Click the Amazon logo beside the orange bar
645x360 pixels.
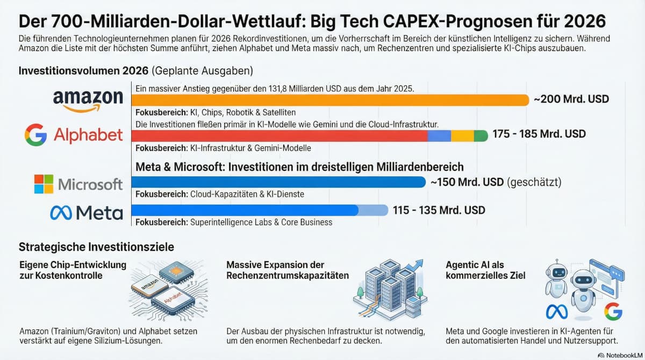88,100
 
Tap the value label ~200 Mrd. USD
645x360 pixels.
571,99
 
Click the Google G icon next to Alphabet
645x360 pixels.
36,134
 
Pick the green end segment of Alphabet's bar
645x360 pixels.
481,135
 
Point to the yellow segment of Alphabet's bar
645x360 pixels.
462,135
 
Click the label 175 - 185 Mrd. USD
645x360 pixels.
539,134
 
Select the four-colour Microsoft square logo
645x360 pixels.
44,184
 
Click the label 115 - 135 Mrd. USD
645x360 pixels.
439,210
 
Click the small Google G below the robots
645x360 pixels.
612,312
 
